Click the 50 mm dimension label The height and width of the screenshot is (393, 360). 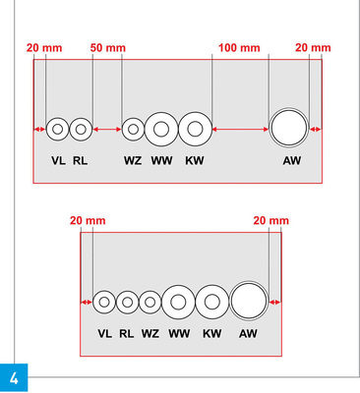[x=108, y=48]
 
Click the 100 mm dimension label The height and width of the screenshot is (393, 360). [x=239, y=48]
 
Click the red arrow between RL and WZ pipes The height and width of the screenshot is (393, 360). [x=107, y=130]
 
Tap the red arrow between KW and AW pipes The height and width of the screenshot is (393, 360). [x=240, y=130]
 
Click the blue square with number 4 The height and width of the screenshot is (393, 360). [x=14, y=378]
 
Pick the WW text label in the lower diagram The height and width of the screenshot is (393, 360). [x=179, y=333]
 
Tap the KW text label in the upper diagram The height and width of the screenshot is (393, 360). [x=195, y=160]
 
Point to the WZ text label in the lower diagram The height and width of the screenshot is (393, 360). [x=150, y=333]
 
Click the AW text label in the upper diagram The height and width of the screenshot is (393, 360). [x=292, y=160]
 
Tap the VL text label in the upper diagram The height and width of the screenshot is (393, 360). [x=58, y=160]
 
